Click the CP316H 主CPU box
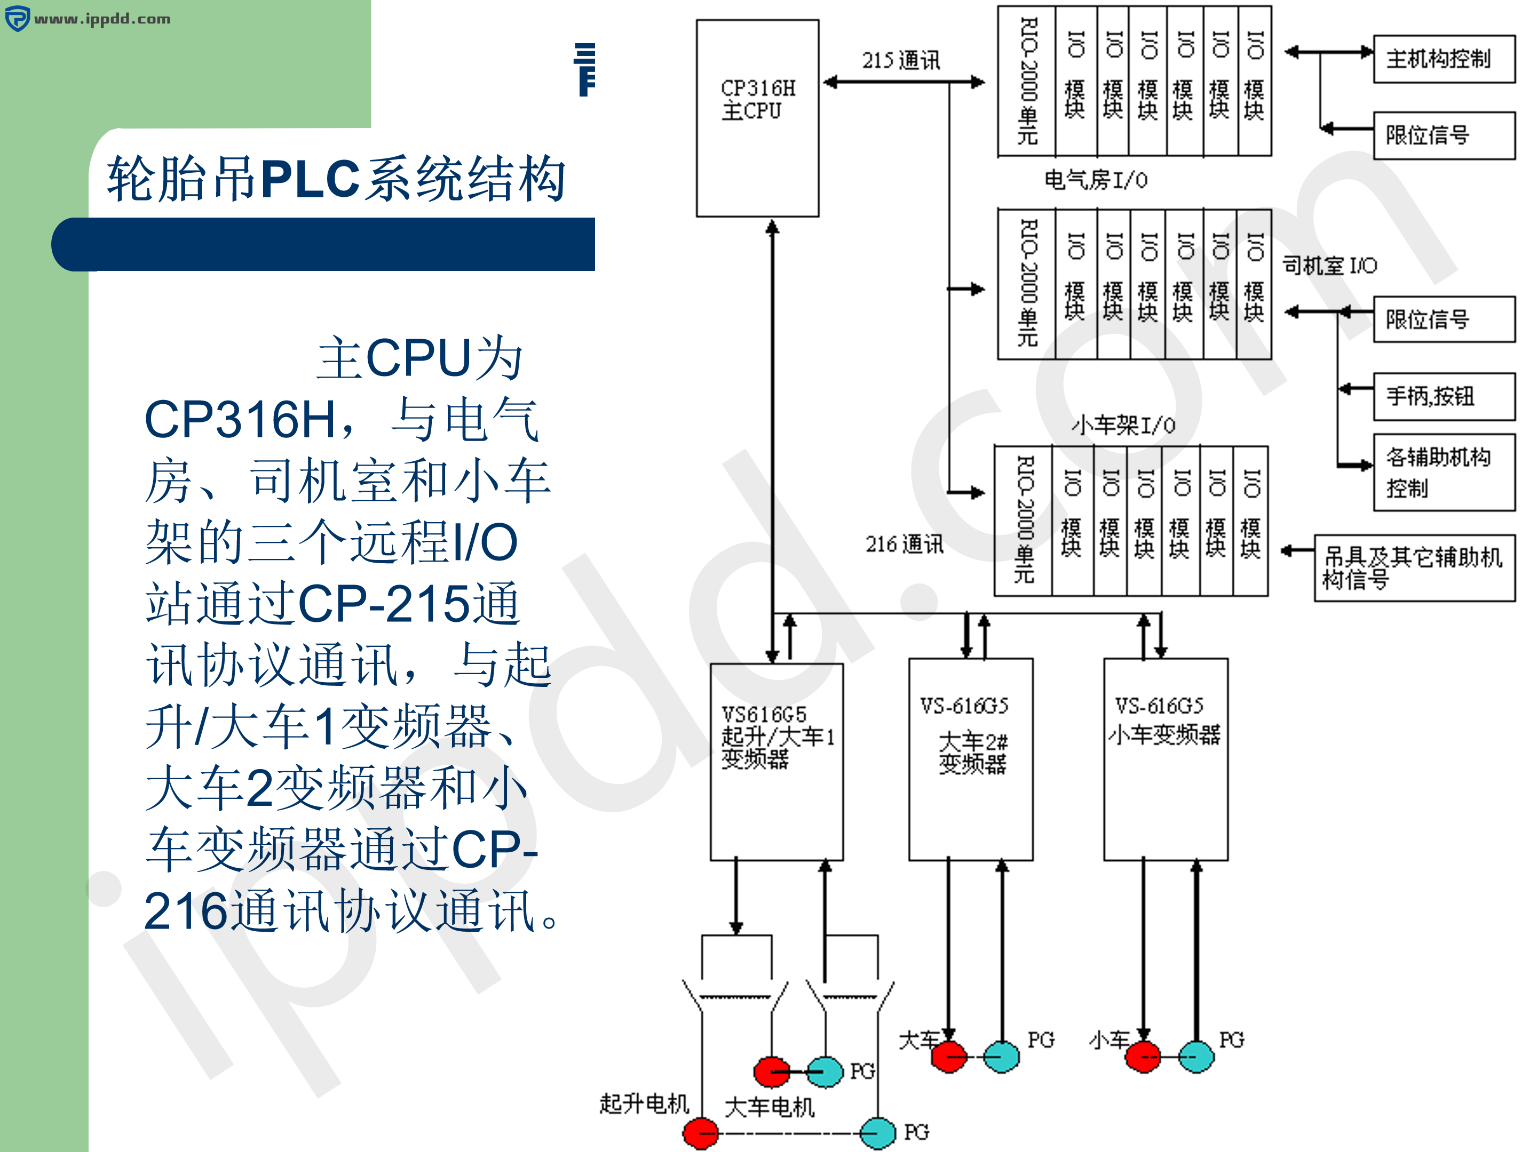[x=757, y=118]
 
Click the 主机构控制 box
[x=1443, y=59]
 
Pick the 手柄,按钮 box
[x=1443, y=396]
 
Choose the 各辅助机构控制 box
[x=1443, y=472]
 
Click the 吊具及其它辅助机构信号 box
[x=1414, y=567]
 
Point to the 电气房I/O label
[x=1096, y=180]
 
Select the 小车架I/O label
[x=1123, y=425]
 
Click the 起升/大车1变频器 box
[x=776, y=761]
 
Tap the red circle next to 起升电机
[x=700, y=1133]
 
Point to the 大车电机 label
[x=769, y=1107]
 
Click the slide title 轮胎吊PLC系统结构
[x=336, y=179]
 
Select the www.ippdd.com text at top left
[x=101, y=19]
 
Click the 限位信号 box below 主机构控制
[x=1443, y=135]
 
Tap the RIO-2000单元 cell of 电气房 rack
[x=1027, y=81]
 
